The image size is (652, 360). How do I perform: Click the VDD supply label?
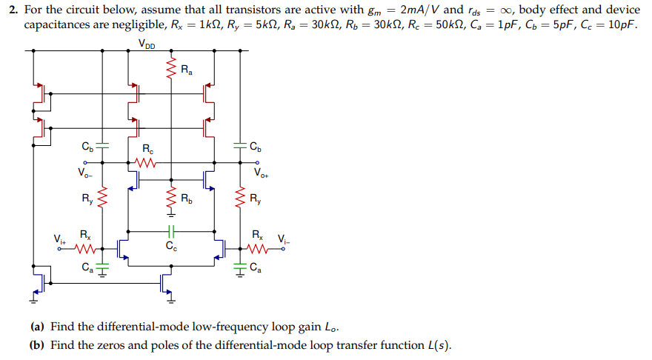click(147, 43)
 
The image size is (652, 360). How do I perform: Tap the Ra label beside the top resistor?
click(187, 71)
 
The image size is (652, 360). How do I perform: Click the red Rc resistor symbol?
click(147, 162)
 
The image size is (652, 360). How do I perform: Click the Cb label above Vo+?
click(255, 145)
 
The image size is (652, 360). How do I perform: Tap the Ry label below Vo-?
click(88, 199)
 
